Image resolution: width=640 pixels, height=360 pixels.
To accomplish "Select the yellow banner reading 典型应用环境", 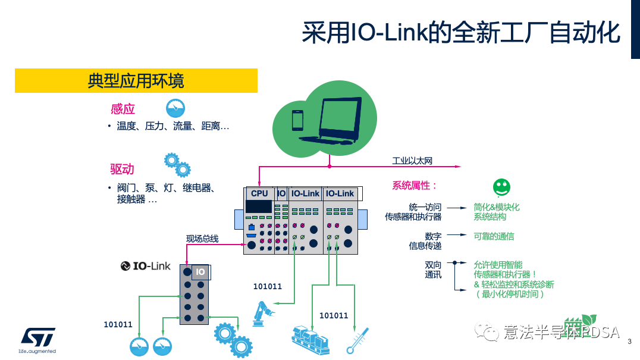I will point(136,80).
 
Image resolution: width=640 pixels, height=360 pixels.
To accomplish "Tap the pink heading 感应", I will point(123,109).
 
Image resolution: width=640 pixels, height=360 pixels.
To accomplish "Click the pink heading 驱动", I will point(123,168).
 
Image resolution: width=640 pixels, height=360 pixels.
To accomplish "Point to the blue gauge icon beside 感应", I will point(175,108).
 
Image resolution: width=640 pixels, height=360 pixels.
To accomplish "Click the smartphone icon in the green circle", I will point(297,120).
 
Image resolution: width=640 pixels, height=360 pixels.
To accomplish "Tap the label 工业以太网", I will point(412,161).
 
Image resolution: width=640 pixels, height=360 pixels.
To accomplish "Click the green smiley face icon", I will point(501,187).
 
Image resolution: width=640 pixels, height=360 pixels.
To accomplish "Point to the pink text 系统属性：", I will point(415,186).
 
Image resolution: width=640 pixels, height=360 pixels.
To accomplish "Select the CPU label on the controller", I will point(259,193).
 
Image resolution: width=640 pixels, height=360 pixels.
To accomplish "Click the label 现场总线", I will point(202,239).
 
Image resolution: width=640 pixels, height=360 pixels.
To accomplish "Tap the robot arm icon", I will point(261,314).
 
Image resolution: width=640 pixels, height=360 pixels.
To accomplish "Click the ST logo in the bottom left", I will point(37,337).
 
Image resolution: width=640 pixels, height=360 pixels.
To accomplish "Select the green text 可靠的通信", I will point(494,236).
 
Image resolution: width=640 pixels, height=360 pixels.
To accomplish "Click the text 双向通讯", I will point(433,270).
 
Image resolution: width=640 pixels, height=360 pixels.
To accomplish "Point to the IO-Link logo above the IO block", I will point(145,266).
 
